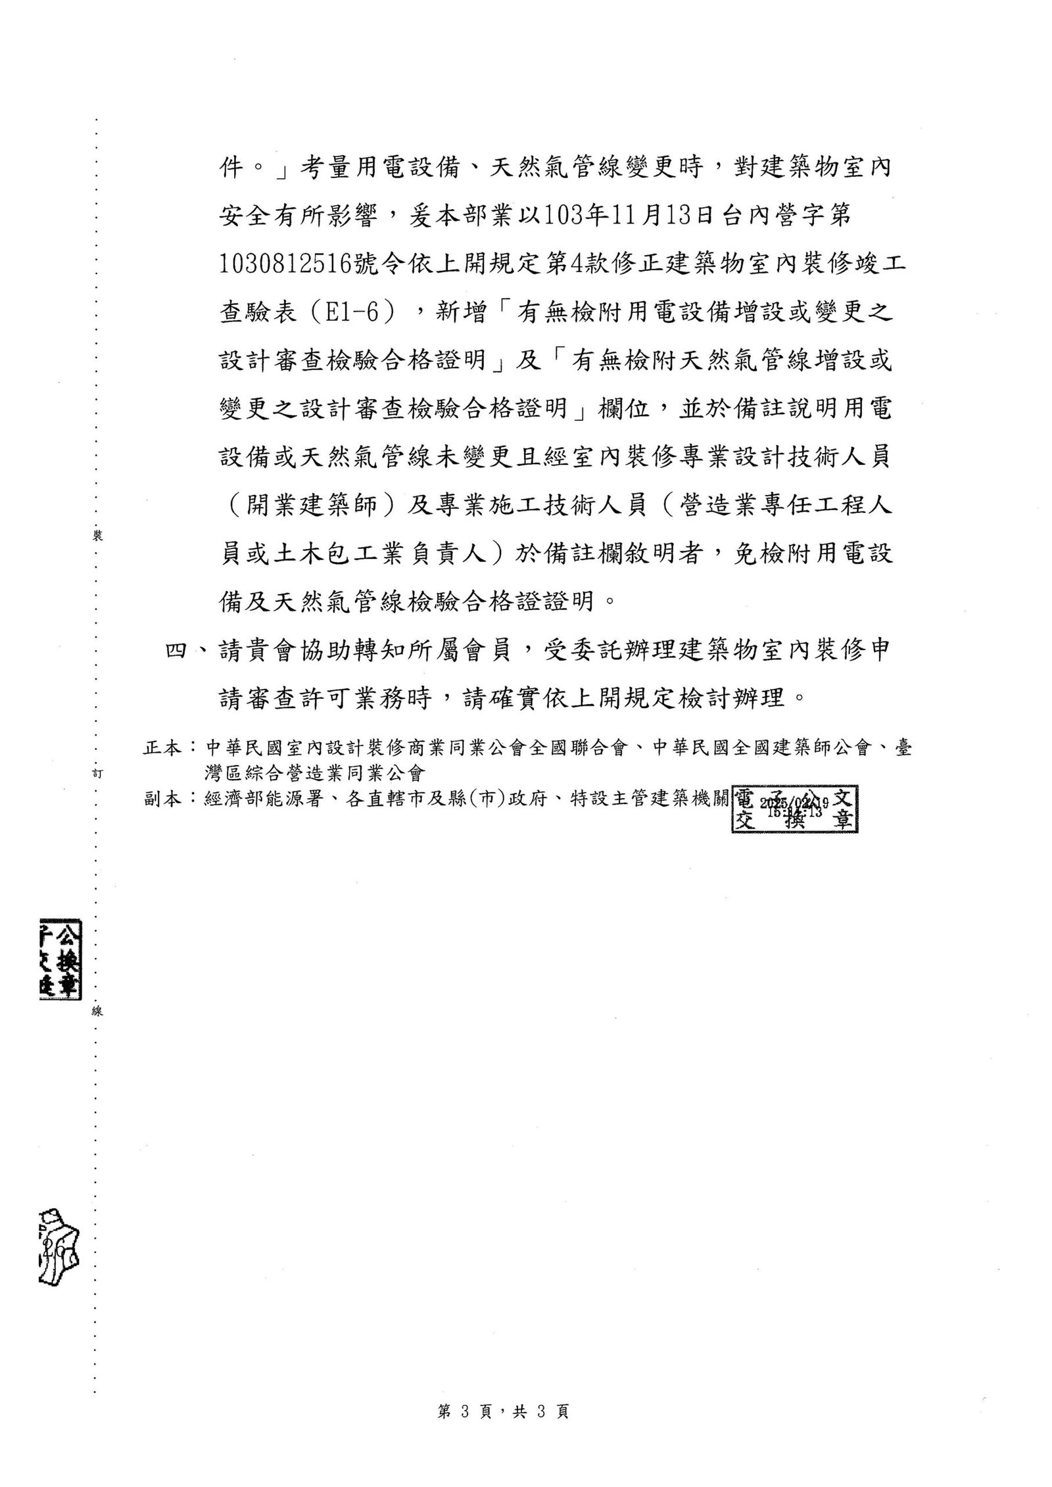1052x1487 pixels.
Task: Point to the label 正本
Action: [162, 747]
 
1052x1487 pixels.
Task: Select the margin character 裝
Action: [98, 536]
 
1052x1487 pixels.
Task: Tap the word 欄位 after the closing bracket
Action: [624, 408]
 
